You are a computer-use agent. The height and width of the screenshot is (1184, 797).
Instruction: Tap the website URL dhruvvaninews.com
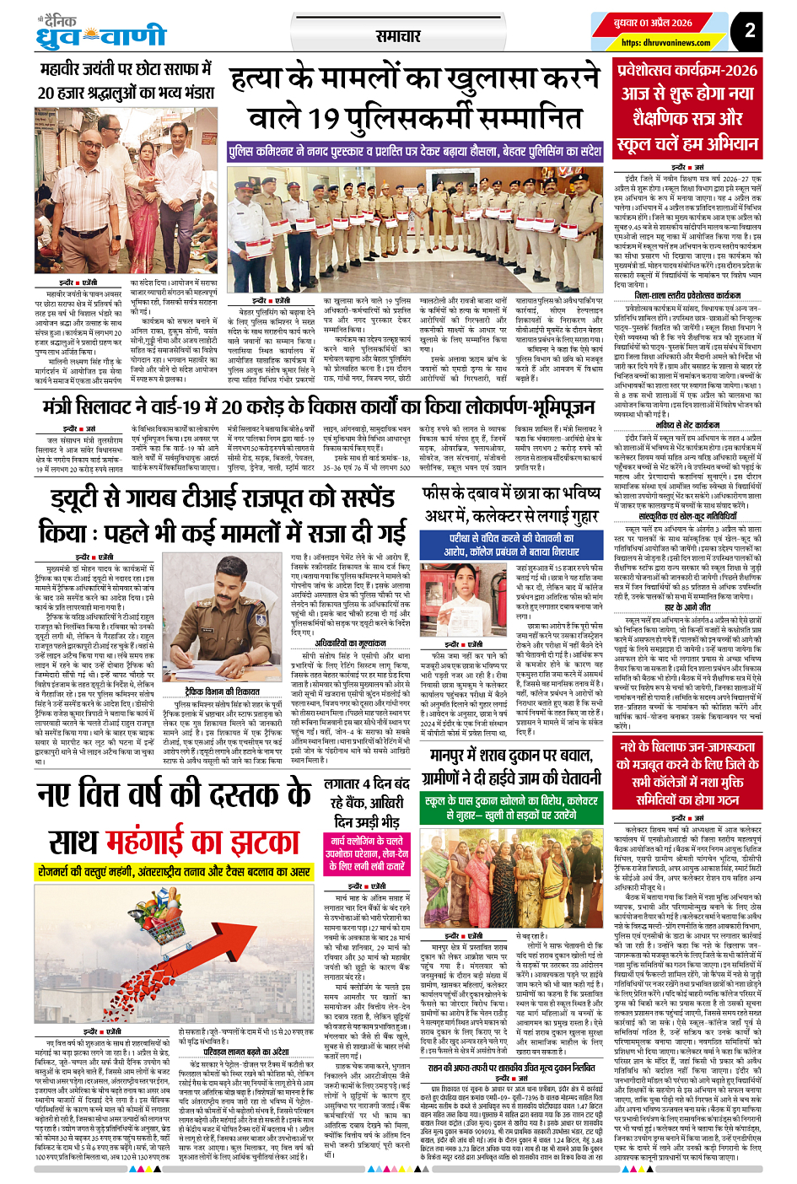(x=665, y=43)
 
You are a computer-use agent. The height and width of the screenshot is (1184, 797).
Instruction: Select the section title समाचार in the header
(x=397, y=36)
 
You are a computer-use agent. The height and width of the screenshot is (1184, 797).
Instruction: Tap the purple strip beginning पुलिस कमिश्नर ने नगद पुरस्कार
(x=415, y=152)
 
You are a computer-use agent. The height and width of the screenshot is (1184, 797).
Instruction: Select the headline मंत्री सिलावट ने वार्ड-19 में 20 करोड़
(x=319, y=407)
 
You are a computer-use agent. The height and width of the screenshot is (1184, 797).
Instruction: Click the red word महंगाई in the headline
(x=191, y=843)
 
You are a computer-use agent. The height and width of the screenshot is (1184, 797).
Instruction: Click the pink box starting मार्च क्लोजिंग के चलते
(x=367, y=853)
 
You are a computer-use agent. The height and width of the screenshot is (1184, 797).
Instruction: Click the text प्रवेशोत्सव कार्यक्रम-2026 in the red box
(x=687, y=71)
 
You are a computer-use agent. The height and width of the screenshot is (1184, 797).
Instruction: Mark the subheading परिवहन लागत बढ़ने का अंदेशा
(x=245, y=1052)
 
